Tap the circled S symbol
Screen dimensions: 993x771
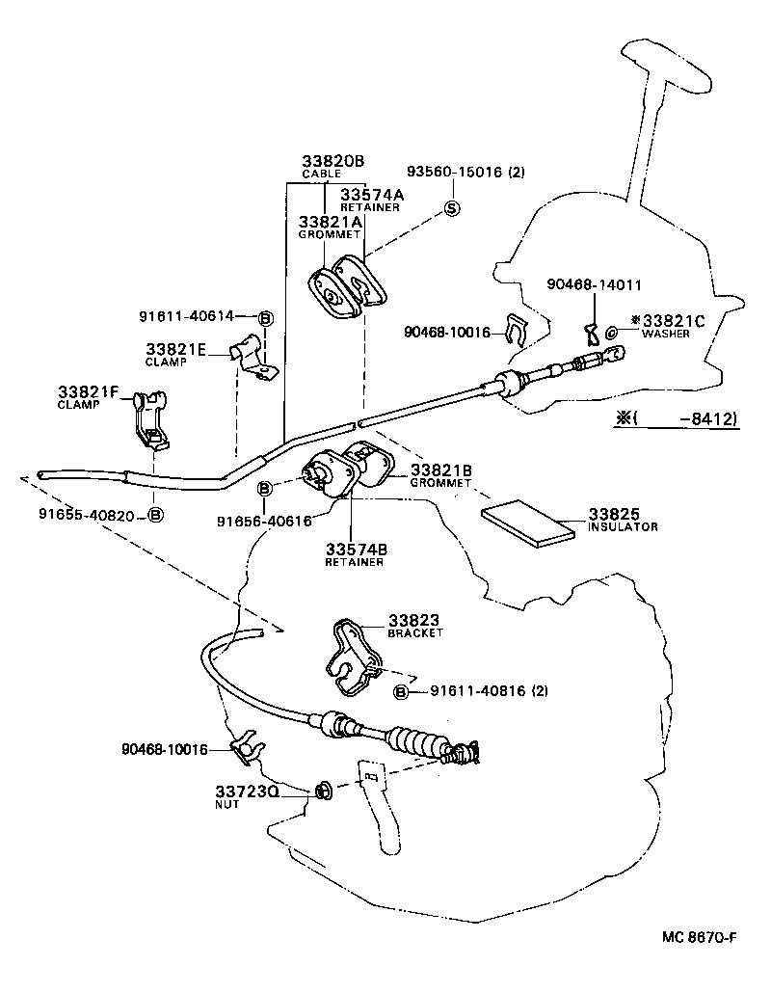click(x=452, y=208)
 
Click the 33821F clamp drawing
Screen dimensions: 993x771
click(x=146, y=420)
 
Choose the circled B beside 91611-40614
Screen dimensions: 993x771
click(x=266, y=318)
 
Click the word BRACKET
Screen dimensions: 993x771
click(x=415, y=633)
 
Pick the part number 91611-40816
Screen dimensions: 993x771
click(x=478, y=691)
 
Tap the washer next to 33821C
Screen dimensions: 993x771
click(x=614, y=334)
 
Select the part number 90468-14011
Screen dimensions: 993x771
click(x=594, y=285)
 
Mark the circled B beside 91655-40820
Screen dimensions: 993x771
click(x=154, y=516)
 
